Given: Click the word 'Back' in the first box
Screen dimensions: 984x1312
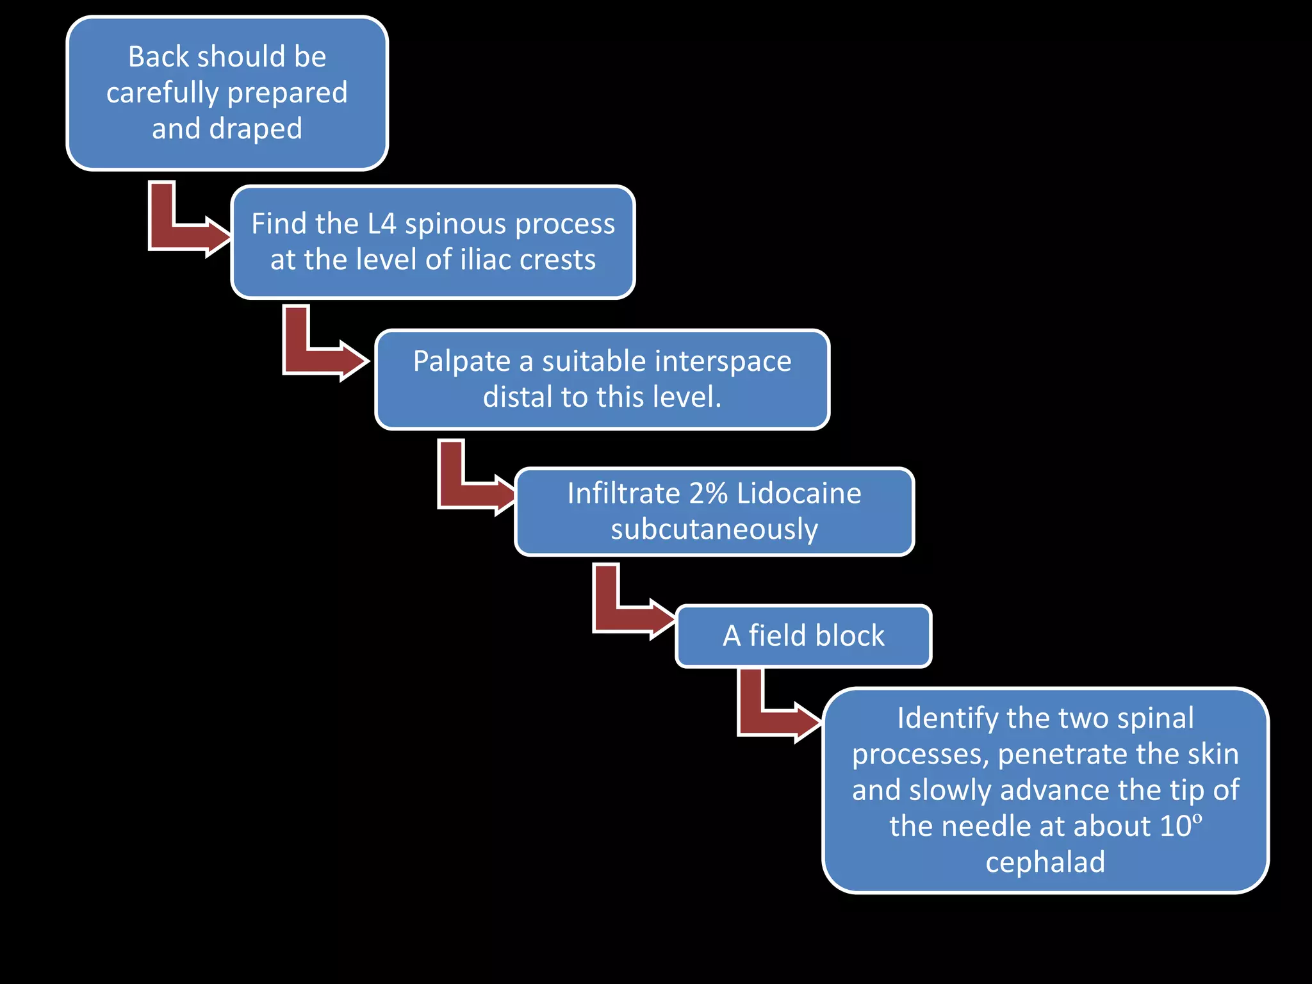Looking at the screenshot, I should click(x=158, y=57).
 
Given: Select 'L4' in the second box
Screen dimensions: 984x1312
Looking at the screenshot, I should click(x=382, y=224).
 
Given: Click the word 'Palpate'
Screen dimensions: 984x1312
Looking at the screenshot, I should click(x=461, y=361).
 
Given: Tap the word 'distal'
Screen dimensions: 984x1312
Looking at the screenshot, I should click(x=518, y=397).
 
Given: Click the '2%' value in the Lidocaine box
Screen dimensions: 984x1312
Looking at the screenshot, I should click(x=709, y=494).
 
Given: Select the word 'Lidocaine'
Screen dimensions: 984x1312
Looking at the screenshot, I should click(x=799, y=494).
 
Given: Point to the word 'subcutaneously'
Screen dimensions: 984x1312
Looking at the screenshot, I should click(x=714, y=530).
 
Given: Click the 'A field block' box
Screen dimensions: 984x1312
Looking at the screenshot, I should click(x=803, y=636).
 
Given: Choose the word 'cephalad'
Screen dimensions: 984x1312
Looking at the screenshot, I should click(x=1045, y=862).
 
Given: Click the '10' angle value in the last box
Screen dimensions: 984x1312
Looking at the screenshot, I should click(x=1174, y=826).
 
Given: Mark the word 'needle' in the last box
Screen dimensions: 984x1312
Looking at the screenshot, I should click(x=988, y=826).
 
